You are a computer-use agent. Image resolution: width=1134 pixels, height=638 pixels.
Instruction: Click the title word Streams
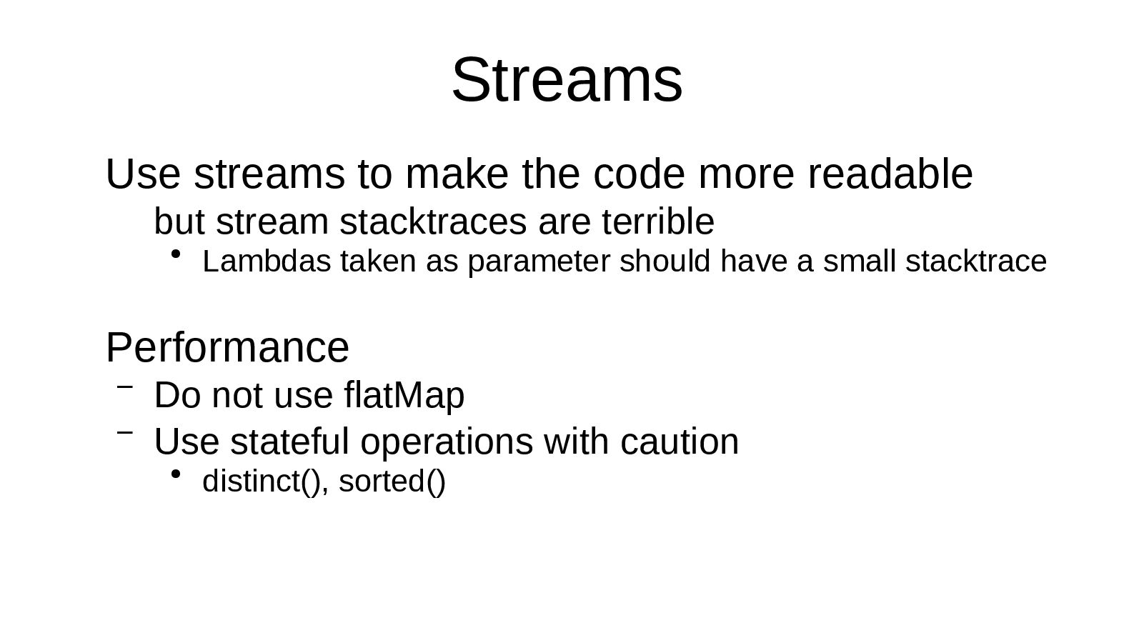click(567, 80)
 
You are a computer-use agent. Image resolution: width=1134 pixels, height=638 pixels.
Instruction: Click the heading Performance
click(227, 348)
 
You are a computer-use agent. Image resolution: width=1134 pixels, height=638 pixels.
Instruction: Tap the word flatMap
click(404, 395)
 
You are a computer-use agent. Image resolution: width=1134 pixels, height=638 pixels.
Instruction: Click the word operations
click(446, 442)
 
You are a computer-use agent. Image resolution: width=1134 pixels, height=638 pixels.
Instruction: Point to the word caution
click(679, 442)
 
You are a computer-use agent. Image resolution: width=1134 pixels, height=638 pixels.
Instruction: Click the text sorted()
click(392, 482)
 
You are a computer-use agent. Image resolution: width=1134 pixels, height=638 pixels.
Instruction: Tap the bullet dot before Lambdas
click(176, 254)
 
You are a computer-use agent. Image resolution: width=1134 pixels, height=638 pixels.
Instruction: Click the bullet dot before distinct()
click(176, 474)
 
